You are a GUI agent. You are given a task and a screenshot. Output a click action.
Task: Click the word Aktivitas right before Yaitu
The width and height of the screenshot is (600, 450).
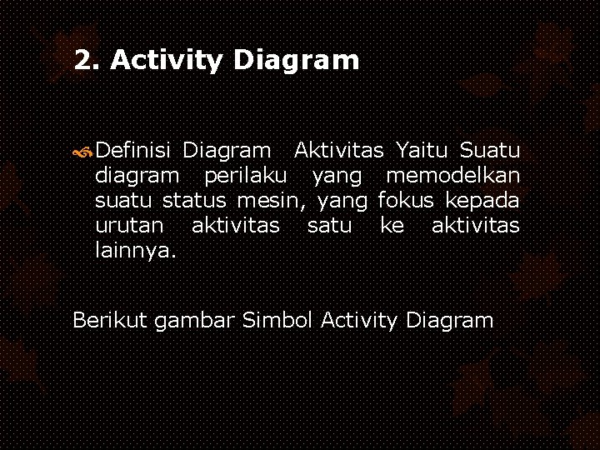coord(339,151)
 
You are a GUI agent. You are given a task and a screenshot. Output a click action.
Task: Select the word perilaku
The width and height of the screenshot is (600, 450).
coord(247,176)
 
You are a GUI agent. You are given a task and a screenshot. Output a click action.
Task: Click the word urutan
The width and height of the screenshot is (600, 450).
coord(129,226)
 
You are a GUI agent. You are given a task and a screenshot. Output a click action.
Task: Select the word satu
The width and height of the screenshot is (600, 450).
coord(329,226)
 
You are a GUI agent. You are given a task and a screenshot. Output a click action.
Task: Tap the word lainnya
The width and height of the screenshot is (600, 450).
coord(135,251)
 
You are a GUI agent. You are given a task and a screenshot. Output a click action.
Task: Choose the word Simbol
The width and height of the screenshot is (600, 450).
coord(277,320)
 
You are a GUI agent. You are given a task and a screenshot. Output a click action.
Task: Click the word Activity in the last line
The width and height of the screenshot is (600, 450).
coord(358,320)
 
